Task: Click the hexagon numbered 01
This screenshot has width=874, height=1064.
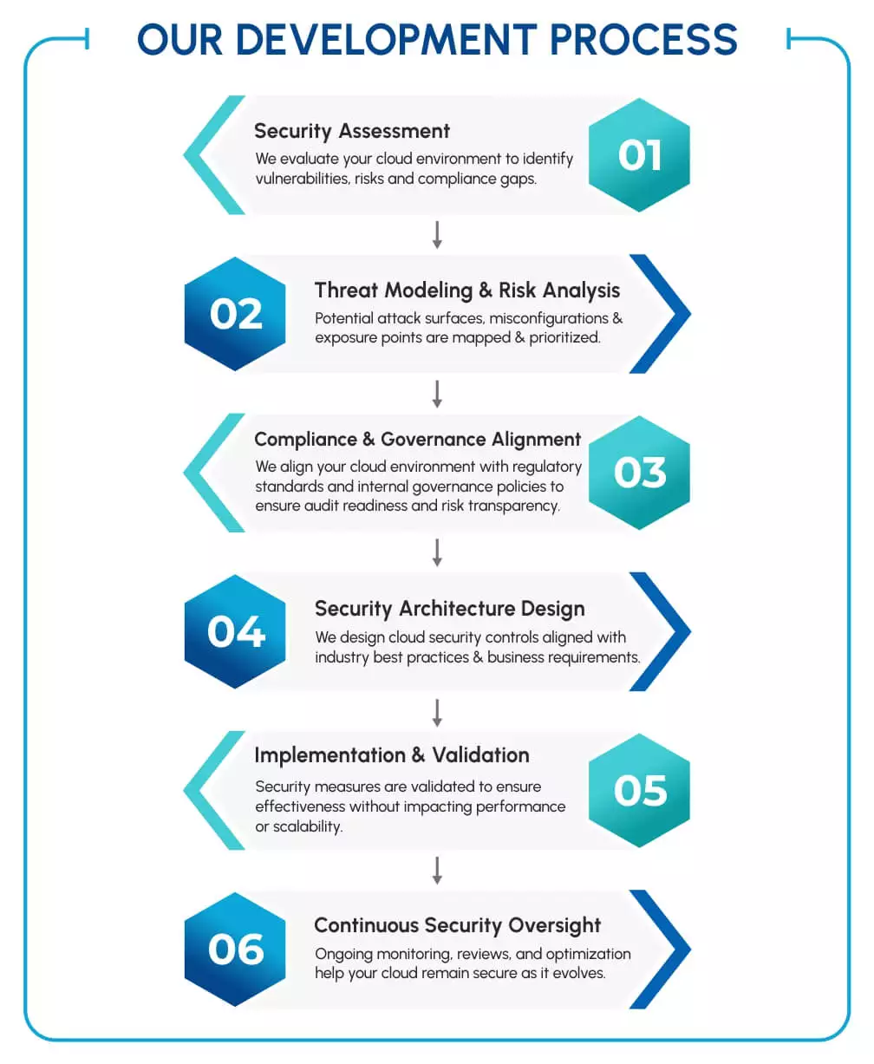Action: point(639,155)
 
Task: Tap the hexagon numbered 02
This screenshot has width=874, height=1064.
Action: point(235,314)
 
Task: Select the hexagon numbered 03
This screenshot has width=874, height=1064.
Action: point(639,473)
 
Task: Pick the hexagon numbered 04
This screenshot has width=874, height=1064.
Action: point(235,631)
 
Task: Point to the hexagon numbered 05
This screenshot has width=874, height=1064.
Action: point(639,790)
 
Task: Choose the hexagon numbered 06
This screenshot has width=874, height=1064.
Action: point(235,950)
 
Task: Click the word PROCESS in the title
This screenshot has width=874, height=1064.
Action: point(643,39)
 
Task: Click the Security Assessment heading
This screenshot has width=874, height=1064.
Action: point(352,131)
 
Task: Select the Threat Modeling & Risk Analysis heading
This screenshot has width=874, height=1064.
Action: point(467,290)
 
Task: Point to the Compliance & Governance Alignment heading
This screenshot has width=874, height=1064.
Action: point(418,439)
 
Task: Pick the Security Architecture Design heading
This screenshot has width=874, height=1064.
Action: point(449,608)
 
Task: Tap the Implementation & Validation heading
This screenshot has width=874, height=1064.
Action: point(392,755)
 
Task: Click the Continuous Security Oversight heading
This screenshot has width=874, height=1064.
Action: point(458,925)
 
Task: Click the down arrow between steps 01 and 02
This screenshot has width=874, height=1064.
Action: point(437,235)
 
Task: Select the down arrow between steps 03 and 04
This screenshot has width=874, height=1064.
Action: point(437,552)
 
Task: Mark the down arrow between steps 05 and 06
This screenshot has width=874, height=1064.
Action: point(437,870)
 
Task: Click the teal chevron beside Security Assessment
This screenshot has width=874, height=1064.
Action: point(208,155)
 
